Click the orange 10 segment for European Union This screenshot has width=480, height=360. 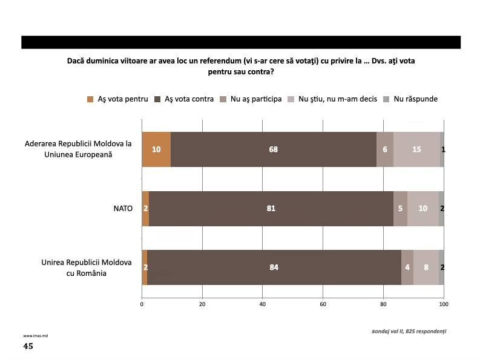(x=156, y=149)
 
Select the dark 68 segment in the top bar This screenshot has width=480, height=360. (x=274, y=149)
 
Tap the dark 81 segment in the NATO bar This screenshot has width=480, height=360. (x=271, y=209)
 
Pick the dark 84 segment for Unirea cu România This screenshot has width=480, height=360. (x=274, y=267)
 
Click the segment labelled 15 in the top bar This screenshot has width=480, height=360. (x=416, y=149)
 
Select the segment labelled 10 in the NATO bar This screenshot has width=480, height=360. (x=423, y=209)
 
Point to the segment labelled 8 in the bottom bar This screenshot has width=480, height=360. (x=426, y=267)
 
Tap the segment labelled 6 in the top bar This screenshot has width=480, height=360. (x=385, y=149)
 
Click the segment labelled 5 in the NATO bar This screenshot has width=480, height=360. (x=401, y=209)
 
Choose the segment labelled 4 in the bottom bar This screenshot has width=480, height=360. (x=407, y=267)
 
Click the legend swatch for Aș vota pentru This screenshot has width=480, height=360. (x=90, y=99)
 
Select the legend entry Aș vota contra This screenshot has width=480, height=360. (x=184, y=99)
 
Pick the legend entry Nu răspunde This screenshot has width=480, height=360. (x=410, y=99)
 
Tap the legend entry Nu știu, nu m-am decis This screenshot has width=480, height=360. (x=332, y=99)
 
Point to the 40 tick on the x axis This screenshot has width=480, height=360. (x=262, y=304)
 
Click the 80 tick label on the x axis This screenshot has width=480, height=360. (x=383, y=304)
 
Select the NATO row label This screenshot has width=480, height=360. (x=123, y=209)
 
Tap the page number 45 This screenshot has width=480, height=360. (x=28, y=346)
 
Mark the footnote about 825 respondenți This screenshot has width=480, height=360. (x=409, y=331)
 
